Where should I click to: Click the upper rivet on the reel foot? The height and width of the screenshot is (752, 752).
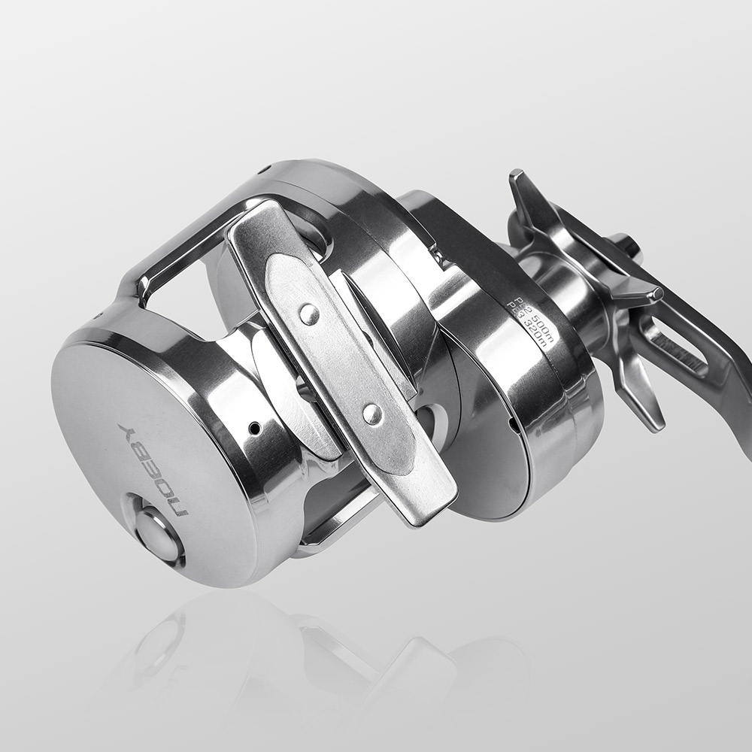309,314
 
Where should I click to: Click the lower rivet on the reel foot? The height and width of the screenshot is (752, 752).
371,414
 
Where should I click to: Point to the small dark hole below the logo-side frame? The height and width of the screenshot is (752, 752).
255,428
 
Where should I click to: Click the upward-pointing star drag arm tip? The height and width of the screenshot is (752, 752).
519,184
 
